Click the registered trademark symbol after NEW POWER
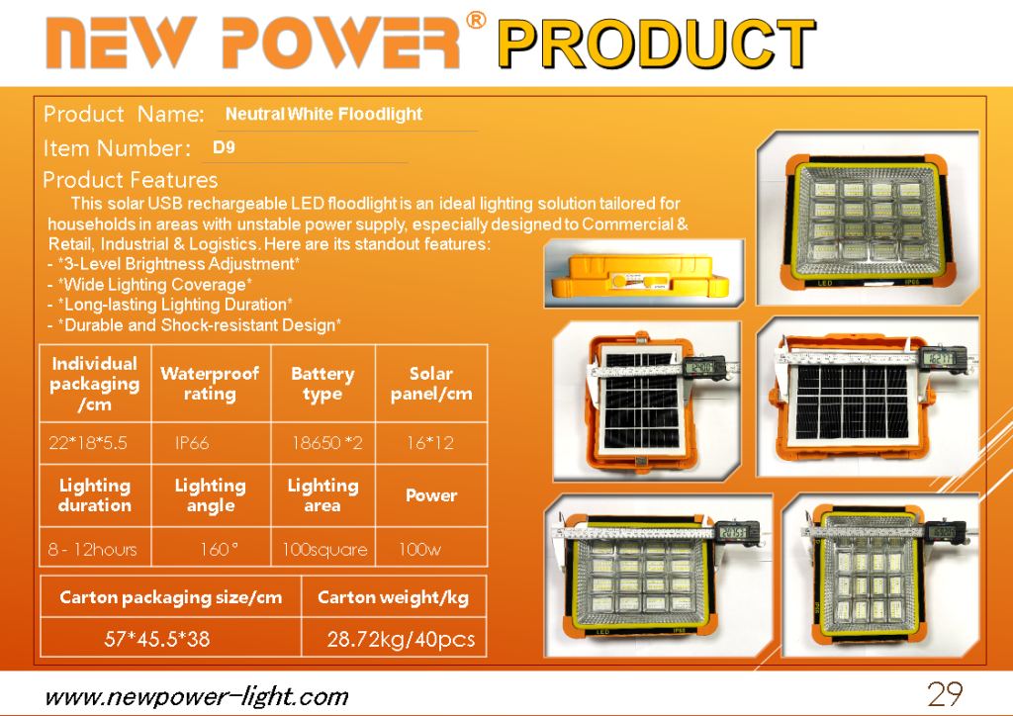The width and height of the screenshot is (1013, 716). [x=476, y=21]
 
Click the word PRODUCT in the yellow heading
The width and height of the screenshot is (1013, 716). [x=657, y=44]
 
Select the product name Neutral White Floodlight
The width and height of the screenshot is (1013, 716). [x=323, y=115]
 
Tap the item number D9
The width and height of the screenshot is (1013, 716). [x=224, y=147]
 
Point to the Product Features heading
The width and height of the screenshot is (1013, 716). [x=131, y=179]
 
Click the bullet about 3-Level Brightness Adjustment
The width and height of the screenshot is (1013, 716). [x=174, y=264]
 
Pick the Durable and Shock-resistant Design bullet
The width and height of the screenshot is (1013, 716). [x=195, y=324]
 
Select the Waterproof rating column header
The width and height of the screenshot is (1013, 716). [x=210, y=384]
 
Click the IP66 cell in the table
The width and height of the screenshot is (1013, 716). [x=192, y=443]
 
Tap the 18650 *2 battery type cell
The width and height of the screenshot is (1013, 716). [x=326, y=443]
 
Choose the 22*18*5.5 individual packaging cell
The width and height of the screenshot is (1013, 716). [x=88, y=443]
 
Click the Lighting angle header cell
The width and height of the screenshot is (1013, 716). [x=211, y=495]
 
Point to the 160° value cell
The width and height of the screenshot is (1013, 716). [x=219, y=550]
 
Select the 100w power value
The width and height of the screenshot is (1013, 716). [x=419, y=550]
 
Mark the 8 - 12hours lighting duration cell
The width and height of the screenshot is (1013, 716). [x=92, y=550]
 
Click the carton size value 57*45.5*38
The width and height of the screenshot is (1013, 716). [x=157, y=639]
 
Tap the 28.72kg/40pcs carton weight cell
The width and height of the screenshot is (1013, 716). [x=401, y=639]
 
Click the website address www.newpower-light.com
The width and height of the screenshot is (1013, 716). [x=197, y=697]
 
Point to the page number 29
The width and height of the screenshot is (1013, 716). [x=945, y=694]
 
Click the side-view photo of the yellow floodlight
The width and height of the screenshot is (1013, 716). [x=644, y=273]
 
